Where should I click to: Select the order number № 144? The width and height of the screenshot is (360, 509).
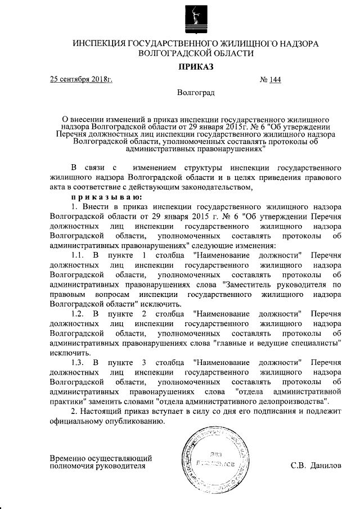click(271, 79)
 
